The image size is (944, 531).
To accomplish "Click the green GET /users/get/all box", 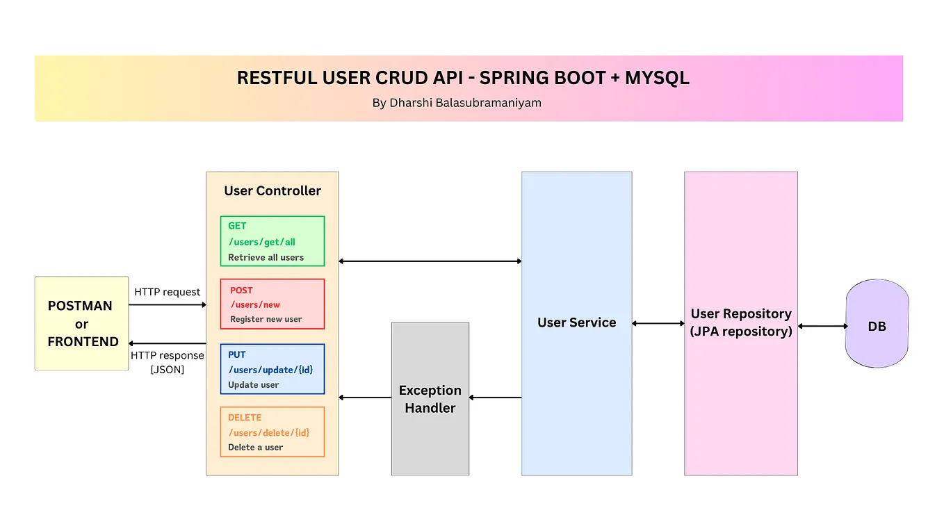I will click(x=272, y=241).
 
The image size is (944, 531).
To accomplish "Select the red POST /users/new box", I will click(x=272, y=304).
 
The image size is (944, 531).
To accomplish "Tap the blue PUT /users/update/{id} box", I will click(x=272, y=369).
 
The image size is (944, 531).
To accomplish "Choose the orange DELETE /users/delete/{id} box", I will click(x=272, y=432).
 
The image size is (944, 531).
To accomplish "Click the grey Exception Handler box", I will click(x=430, y=399).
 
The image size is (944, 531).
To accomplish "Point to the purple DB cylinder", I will click(x=877, y=324).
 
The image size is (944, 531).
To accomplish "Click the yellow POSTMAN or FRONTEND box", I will click(x=82, y=323).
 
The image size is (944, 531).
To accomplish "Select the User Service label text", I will click(x=576, y=322).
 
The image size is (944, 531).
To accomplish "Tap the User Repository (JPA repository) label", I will click(x=741, y=322).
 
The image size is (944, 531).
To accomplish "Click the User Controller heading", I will click(x=272, y=190).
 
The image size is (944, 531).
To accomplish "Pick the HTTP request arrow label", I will click(x=167, y=292).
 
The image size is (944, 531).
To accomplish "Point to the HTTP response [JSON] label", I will click(x=167, y=362).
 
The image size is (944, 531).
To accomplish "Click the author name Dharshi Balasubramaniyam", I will click(x=457, y=103).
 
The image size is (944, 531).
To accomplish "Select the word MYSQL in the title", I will click(x=657, y=78).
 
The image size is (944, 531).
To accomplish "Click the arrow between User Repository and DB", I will click(x=822, y=326).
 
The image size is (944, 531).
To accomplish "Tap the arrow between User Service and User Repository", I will click(x=658, y=323).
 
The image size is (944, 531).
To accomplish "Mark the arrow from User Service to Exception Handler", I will click(x=496, y=398).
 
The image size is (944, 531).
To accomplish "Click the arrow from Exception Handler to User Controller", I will click(x=365, y=398).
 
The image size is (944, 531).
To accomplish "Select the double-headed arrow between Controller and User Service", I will click(x=430, y=261).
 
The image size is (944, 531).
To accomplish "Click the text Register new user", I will click(x=266, y=319).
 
